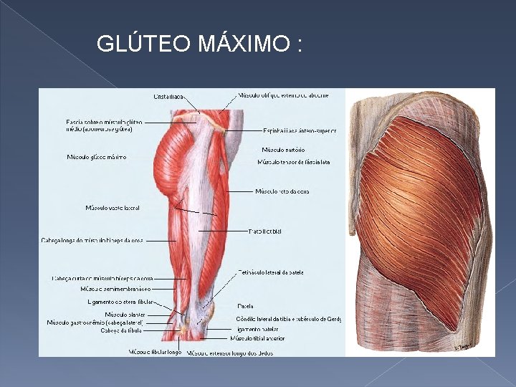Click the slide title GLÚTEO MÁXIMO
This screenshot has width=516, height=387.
coord(199,44)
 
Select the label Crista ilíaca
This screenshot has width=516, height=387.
coord(169,96)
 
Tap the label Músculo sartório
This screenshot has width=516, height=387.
coord(283,150)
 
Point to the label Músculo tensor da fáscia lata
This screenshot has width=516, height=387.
coord(294,162)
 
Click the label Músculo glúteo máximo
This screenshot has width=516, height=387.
coord(97,157)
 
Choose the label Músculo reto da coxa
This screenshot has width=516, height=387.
coord(282,191)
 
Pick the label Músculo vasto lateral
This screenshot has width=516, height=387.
coord(113,208)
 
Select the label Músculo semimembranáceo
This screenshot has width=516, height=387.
coord(115,289)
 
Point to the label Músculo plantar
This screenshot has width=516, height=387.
coord(125,315)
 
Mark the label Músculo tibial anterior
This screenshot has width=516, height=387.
coord(257,338)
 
